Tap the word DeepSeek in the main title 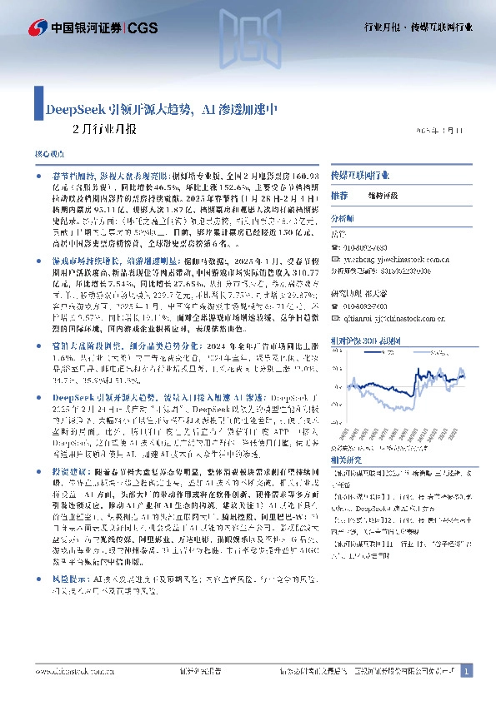(x=73, y=109)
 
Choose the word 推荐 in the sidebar (x=339, y=195)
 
